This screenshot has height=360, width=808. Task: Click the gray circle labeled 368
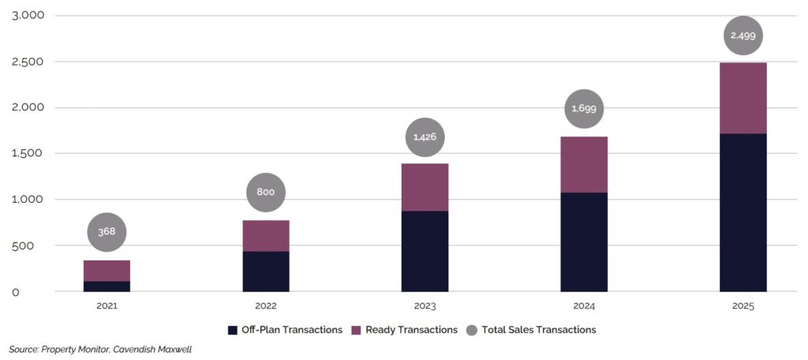click(x=107, y=233)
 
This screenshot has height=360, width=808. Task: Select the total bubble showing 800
click(x=266, y=193)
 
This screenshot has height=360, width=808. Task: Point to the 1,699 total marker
click(x=584, y=110)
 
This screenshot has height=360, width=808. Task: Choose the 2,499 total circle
click(x=743, y=36)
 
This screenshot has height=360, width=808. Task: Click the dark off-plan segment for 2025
click(x=743, y=212)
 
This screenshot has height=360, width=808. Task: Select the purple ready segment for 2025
click(x=743, y=98)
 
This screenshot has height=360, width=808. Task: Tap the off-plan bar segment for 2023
click(x=425, y=251)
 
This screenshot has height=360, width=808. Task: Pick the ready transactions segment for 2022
click(x=266, y=236)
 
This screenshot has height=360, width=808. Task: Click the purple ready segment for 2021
click(x=107, y=270)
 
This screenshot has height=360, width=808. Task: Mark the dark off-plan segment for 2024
click(x=584, y=242)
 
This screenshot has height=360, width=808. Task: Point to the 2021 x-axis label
click(x=107, y=306)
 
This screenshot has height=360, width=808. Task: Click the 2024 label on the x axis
click(x=584, y=306)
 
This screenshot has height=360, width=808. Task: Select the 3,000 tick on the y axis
click(x=28, y=16)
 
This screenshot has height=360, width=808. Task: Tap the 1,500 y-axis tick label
click(x=28, y=153)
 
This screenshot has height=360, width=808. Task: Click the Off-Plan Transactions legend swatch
click(x=232, y=329)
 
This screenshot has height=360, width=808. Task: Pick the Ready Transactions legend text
click(x=411, y=329)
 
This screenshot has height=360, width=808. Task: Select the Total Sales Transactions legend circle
click(x=471, y=329)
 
